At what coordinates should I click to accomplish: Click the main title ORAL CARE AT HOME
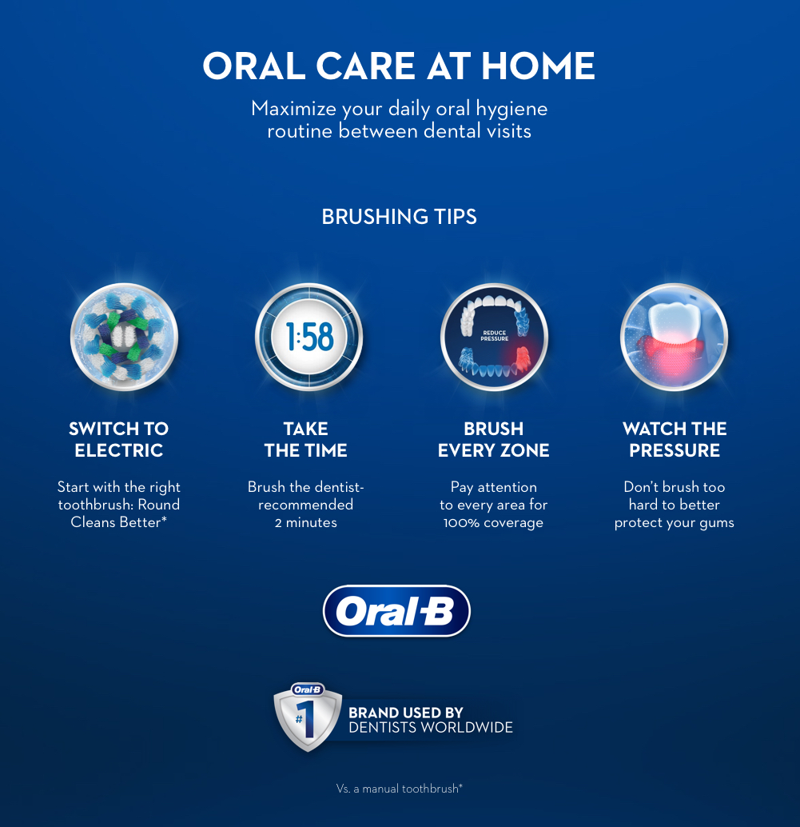tap(399, 66)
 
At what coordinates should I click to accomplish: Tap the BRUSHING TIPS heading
tap(399, 217)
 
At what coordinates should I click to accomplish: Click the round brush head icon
tap(125, 337)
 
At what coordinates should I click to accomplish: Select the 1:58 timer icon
tap(309, 337)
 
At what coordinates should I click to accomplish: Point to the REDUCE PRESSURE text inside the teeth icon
tap(495, 336)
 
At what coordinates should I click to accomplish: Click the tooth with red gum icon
tap(674, 337)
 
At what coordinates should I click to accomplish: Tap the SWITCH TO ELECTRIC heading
tap(119, 439)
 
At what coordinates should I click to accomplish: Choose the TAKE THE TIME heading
tap(305, 439)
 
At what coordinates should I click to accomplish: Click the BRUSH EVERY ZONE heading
tap(494, 439)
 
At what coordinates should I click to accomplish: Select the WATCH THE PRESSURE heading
tap(675, 439)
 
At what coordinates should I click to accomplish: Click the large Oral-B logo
tap(396, 611)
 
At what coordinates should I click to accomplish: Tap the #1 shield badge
tap(308, 717)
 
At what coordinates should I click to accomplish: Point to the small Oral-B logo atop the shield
tap(308, 690)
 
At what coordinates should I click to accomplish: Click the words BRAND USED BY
tap(406, 713)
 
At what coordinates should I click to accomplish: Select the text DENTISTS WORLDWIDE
tap(431, 728)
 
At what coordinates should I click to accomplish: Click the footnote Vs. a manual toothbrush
tap(400, 789)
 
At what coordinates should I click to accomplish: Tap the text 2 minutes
tap(305, 523)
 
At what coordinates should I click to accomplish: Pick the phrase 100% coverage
tap(493, 523)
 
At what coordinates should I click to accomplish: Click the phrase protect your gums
tap(674, 523)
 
